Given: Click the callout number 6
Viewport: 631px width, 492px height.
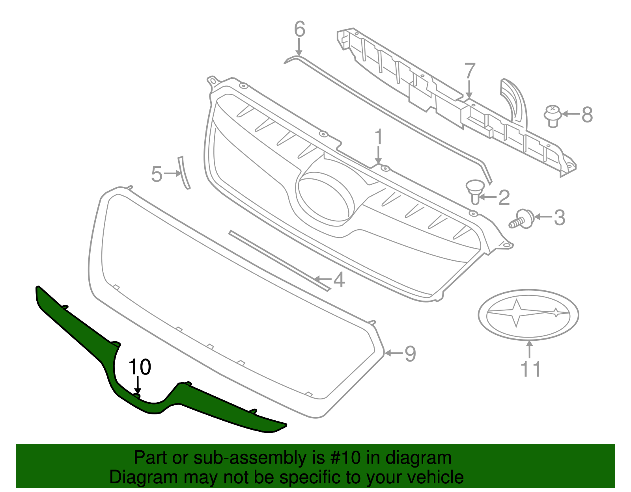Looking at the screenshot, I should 300,30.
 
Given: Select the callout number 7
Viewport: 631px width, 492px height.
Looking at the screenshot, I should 470,72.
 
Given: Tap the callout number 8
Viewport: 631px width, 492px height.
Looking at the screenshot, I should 587,115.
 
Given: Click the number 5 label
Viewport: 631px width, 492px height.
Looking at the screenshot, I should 157,174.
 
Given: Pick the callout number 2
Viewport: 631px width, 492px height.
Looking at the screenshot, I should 504,198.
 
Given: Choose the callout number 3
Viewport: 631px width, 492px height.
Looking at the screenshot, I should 559,217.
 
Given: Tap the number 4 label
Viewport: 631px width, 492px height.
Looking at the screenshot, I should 339,280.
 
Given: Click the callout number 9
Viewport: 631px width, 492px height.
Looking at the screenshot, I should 410,353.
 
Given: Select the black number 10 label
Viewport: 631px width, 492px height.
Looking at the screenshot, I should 140,367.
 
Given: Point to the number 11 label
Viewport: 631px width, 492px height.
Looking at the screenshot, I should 530,369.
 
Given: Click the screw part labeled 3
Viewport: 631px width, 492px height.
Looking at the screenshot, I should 521,219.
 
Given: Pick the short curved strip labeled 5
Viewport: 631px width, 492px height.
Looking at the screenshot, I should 184,173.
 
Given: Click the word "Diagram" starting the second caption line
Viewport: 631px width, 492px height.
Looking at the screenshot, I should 134,477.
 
